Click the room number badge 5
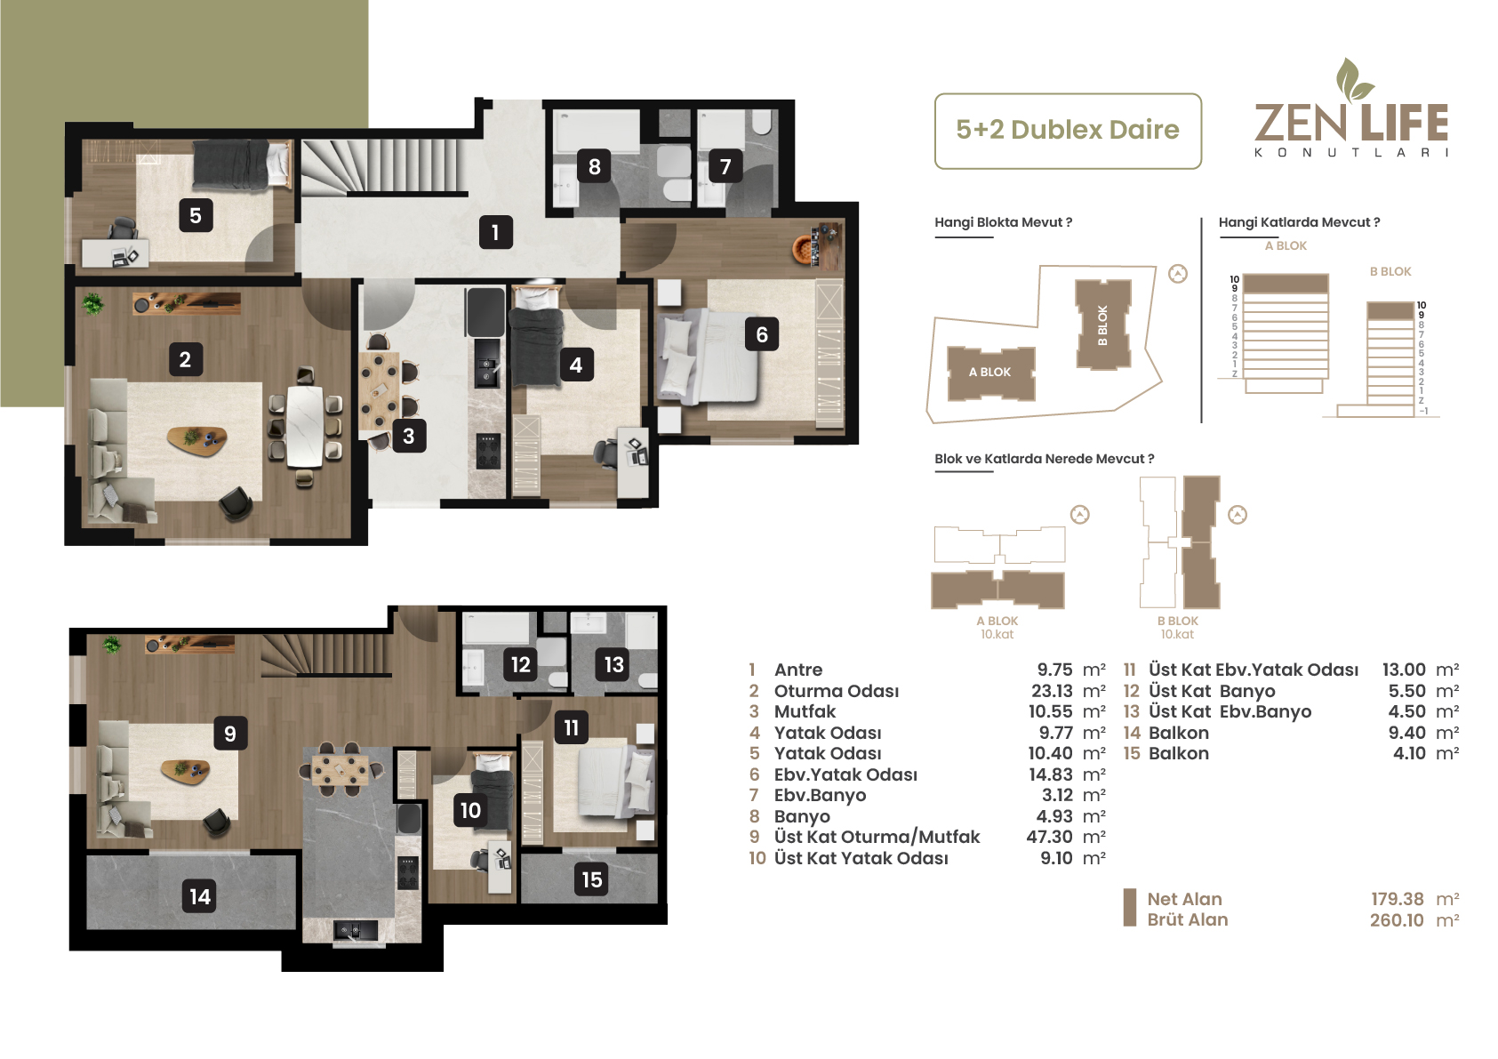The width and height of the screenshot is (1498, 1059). pyautogui.click(x=196, y=215)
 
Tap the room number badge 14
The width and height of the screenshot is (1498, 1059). pyautogui.click(x=199, y=896)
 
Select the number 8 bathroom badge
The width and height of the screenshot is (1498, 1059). pyautogui.click(x=594, y=166)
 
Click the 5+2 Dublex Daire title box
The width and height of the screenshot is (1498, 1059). pyautogui.click(x=1068, y=131)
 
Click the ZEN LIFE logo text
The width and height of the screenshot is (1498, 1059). pyautogui.click(x=1351, y=123)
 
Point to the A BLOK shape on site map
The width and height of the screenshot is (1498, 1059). pyautogui.click(x=991, y=373)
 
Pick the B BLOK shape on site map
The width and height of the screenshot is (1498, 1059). pyautogui.click(x=1102, y=325)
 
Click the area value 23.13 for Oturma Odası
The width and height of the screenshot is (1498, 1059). pyautogui.click(x=1052, y=691)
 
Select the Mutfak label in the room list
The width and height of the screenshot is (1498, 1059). pyautogui.click(x=805, y=712)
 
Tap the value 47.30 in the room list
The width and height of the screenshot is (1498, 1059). pyautogui.click(x=1049, y=837)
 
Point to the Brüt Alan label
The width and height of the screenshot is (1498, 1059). pyautogui.click(x=1188, y=920)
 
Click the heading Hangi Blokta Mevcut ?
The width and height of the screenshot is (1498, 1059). pyautogui.click(x=1003, y=222)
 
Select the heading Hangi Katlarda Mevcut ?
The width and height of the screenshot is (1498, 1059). pyautogui.click(x=1299, y=222)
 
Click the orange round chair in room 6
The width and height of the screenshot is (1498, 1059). pyautogui.click(x=803, y=248)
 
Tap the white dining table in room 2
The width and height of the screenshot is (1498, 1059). pyautogui.click(x=304, y=426)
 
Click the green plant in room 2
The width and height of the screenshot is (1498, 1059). pyautogui.click(x=93, y=304)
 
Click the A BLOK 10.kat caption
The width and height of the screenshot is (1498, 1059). pyautogui.click(x=997, y=628)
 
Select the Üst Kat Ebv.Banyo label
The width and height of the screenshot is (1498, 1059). pyautogui.click(x=1230, y=712)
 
